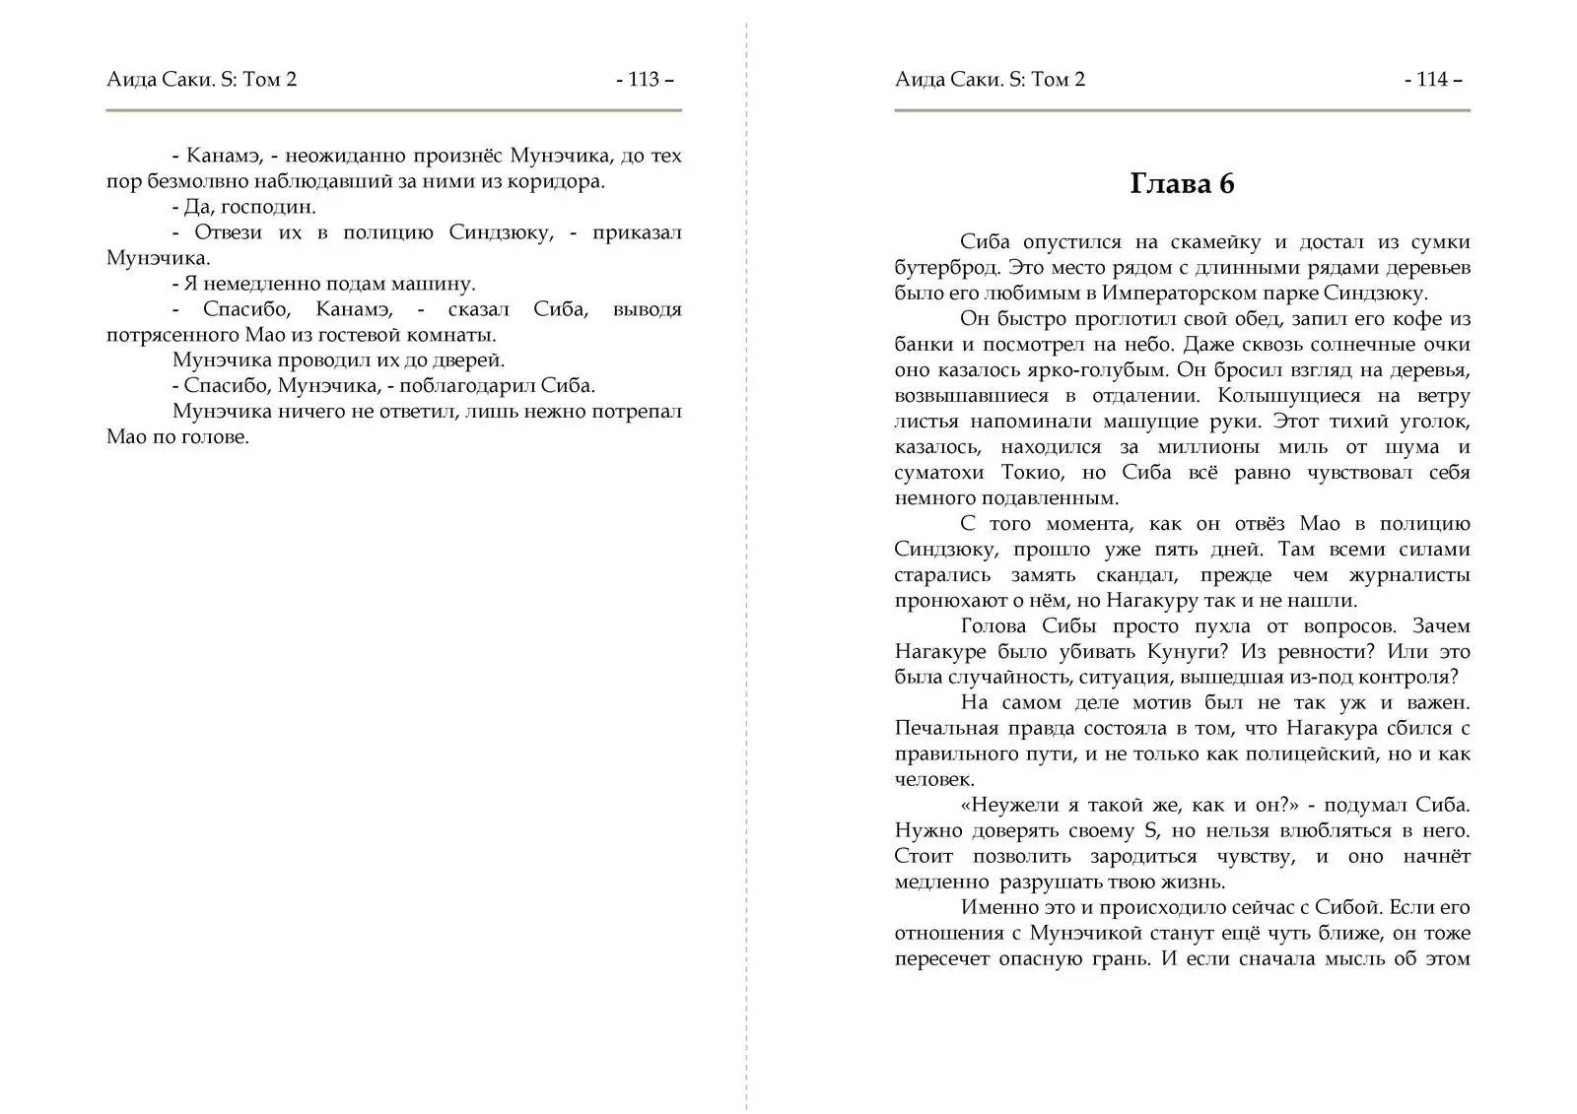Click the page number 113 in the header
644,80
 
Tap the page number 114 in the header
1432,80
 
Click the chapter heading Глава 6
1182,184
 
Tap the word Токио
1033,473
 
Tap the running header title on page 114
990,80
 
